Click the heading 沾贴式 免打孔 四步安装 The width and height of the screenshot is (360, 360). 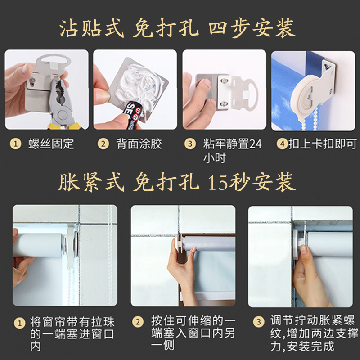tap(178, 28)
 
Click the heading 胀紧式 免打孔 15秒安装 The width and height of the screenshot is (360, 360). tap(177, 182)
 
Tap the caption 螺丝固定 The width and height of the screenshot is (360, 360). tap(51, 144)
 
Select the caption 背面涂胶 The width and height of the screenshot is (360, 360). tap(139, 144)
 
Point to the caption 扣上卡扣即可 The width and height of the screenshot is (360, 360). tap(323, 144)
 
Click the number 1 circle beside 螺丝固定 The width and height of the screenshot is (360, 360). tap(16, 144)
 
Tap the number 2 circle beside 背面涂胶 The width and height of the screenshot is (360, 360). tap(103, 144)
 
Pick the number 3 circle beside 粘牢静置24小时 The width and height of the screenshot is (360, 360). tap(190, 144)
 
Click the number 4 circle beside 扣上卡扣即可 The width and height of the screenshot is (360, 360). tap(282, 144)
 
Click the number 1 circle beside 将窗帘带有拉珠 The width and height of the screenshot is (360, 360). tap(19, 323)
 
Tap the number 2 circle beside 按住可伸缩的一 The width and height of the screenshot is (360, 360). tap(138, 322)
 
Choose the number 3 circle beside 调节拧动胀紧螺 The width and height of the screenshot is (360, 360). tap(259, 322)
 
